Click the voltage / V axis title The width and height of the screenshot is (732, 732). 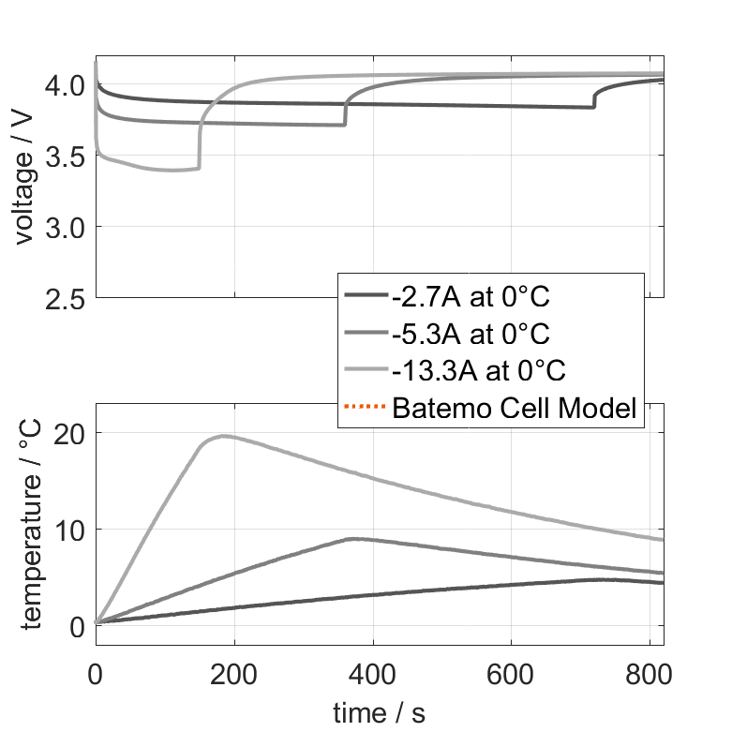point(25,178)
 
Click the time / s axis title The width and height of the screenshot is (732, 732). point(379,713)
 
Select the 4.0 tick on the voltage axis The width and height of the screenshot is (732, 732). point(65,85)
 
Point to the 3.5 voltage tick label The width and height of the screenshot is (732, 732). point(65,157)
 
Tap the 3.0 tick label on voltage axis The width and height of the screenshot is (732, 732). point(65,228)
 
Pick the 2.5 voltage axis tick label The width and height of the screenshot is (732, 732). point(65,298)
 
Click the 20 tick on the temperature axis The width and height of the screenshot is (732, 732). point(69,433)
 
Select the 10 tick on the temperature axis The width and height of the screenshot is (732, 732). point(69,530)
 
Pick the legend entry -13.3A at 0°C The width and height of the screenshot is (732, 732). point(478,370)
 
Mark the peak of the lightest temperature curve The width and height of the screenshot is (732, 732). point(223,436)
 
